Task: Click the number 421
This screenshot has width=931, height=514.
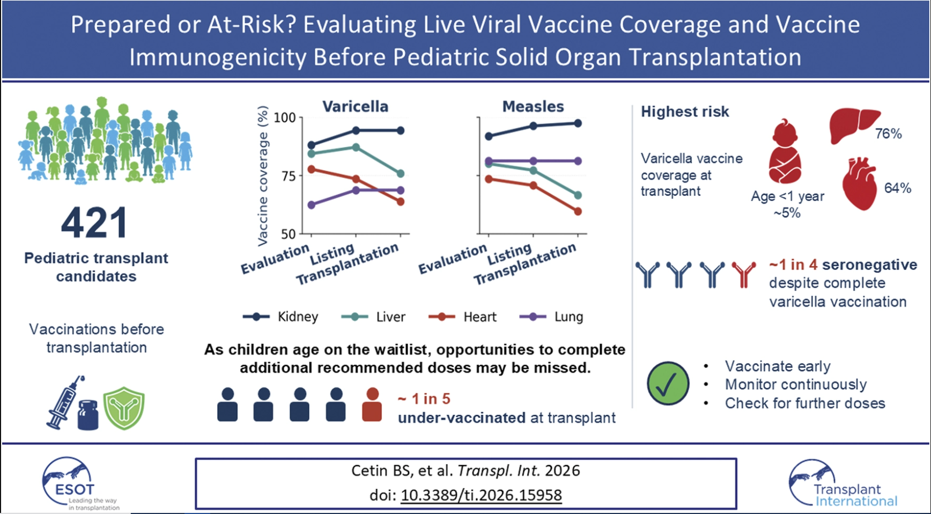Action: [x=94, y=223]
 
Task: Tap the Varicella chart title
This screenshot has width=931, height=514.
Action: [x=355, y=106]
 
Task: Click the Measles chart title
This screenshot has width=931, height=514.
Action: [x=533, y=106]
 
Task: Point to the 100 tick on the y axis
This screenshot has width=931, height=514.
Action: [x=285, y=118]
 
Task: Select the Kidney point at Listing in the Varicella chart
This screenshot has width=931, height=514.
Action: [x=356, y=130]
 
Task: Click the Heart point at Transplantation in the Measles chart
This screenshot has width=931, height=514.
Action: [x=578, y=211]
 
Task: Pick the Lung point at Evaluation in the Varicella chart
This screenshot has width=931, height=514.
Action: [x=312, y=205]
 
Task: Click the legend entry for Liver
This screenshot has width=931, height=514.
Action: [x=373, y=317]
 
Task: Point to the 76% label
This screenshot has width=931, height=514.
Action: [x=889, y=134]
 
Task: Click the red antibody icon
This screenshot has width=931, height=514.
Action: [x=744, y=275]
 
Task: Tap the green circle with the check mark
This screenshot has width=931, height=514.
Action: [x=668, y=383]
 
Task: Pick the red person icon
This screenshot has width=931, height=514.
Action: [x=372, y=405]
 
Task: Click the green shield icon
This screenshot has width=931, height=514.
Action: [x=124, y=408]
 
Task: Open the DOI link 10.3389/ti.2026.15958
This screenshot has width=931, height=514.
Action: [x=481, y=495]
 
